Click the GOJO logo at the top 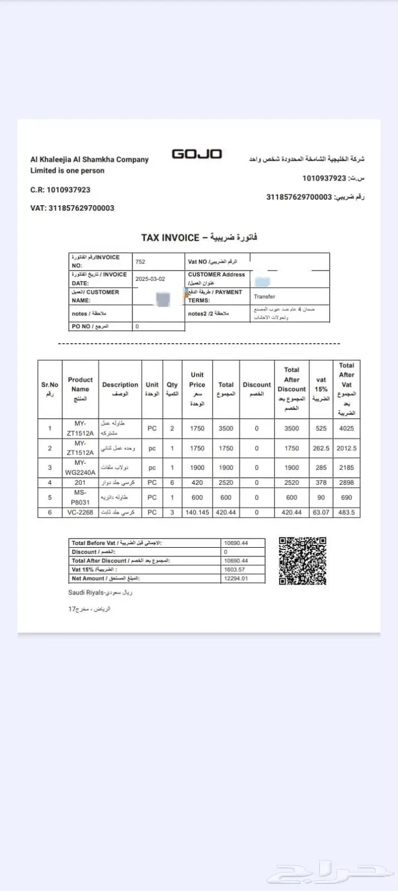pyautogui.click(x=197, y=154)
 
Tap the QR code pyautogui.click(x=302, y=560)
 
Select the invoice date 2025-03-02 pyautogui.click(x=151, y=280)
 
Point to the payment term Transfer pyautogui.click(x=264, y=297)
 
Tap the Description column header pyautogui.click(x=120, y=389)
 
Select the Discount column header pyautogui.click(x=256, y=389)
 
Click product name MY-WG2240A pyautogui.click(x=80, y=468)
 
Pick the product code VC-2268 pyautogui.click(x=80, y=512)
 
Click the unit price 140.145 pyautogui.click(x=197, y=512)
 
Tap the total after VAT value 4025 pyautogui.click(x=346, y=428)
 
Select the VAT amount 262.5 pyautogui.click(x=321, y=448)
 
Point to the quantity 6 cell pyautogui.click(x=172, y=482)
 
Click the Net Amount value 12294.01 pyautogui.click(x=237, y=578)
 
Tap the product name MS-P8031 pyautogui.click(x=80, y=497)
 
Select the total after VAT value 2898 pyautogui.click(x=346, y=482)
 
